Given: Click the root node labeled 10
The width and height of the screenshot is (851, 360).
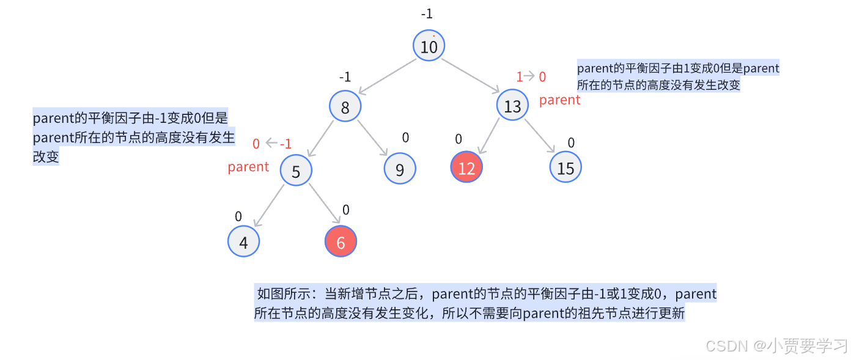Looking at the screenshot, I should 429,46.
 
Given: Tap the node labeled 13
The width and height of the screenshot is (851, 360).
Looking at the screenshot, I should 513,106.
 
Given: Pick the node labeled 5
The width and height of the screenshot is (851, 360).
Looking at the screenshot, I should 297,171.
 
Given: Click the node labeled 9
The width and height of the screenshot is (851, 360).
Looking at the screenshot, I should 400,169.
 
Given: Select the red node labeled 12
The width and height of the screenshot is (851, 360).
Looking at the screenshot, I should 466,167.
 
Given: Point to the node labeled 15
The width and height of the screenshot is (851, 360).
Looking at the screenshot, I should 565,167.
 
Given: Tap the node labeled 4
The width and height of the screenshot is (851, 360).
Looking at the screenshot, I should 244,242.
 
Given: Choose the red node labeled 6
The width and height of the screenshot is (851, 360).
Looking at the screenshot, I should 341,242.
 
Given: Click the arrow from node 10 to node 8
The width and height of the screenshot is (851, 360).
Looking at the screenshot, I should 388,76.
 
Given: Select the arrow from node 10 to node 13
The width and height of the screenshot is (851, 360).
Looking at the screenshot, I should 471,76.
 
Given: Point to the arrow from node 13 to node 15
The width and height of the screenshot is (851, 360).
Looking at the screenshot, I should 539,137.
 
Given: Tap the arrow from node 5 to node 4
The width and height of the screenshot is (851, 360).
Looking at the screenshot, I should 270,206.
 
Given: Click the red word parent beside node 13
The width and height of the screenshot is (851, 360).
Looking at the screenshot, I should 559,100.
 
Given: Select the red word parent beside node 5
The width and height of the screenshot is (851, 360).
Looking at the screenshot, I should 248,167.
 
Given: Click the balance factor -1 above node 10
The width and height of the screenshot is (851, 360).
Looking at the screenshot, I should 427,13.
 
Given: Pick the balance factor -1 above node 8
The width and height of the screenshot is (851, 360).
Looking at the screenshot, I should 345,77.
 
